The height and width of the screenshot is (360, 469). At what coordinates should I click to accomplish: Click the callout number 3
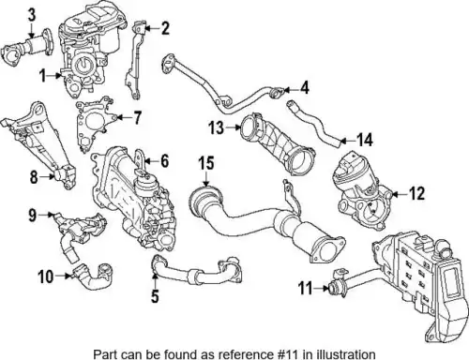32,15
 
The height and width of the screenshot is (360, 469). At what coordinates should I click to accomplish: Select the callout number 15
206,163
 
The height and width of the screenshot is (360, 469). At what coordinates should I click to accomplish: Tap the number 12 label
417,193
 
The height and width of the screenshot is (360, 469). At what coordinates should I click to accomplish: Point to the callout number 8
34,177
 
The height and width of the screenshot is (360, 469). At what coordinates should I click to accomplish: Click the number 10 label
46,277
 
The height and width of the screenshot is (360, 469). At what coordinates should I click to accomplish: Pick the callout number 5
155,295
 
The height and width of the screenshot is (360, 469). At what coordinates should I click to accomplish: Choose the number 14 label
365,140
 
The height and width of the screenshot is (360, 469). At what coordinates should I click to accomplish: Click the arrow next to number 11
321,288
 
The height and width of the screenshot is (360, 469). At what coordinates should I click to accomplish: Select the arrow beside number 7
124,117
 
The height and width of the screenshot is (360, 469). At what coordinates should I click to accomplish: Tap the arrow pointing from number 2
153,28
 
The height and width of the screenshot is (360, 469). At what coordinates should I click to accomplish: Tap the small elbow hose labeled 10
94,277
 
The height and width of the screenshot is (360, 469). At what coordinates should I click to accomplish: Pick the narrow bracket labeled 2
136,59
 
